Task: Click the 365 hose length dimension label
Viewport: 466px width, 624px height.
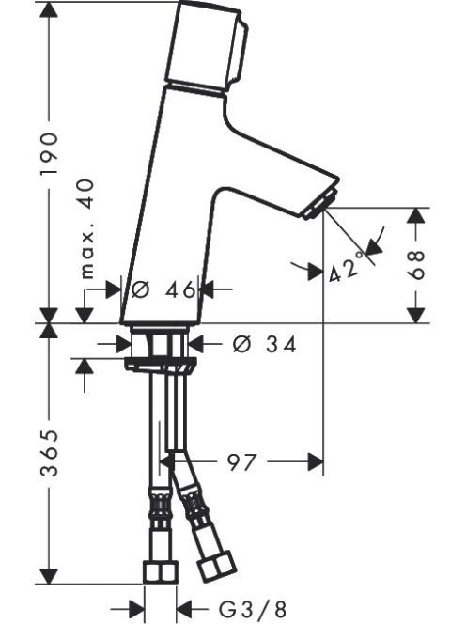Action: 51,453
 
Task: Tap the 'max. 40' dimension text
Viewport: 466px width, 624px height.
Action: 86,228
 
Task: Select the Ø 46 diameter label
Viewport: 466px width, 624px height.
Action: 163,289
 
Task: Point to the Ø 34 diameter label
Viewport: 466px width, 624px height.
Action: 265,344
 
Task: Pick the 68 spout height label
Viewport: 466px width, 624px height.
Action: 416,265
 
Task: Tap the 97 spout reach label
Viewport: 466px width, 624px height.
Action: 241,462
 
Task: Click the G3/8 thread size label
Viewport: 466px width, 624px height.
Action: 253,609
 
